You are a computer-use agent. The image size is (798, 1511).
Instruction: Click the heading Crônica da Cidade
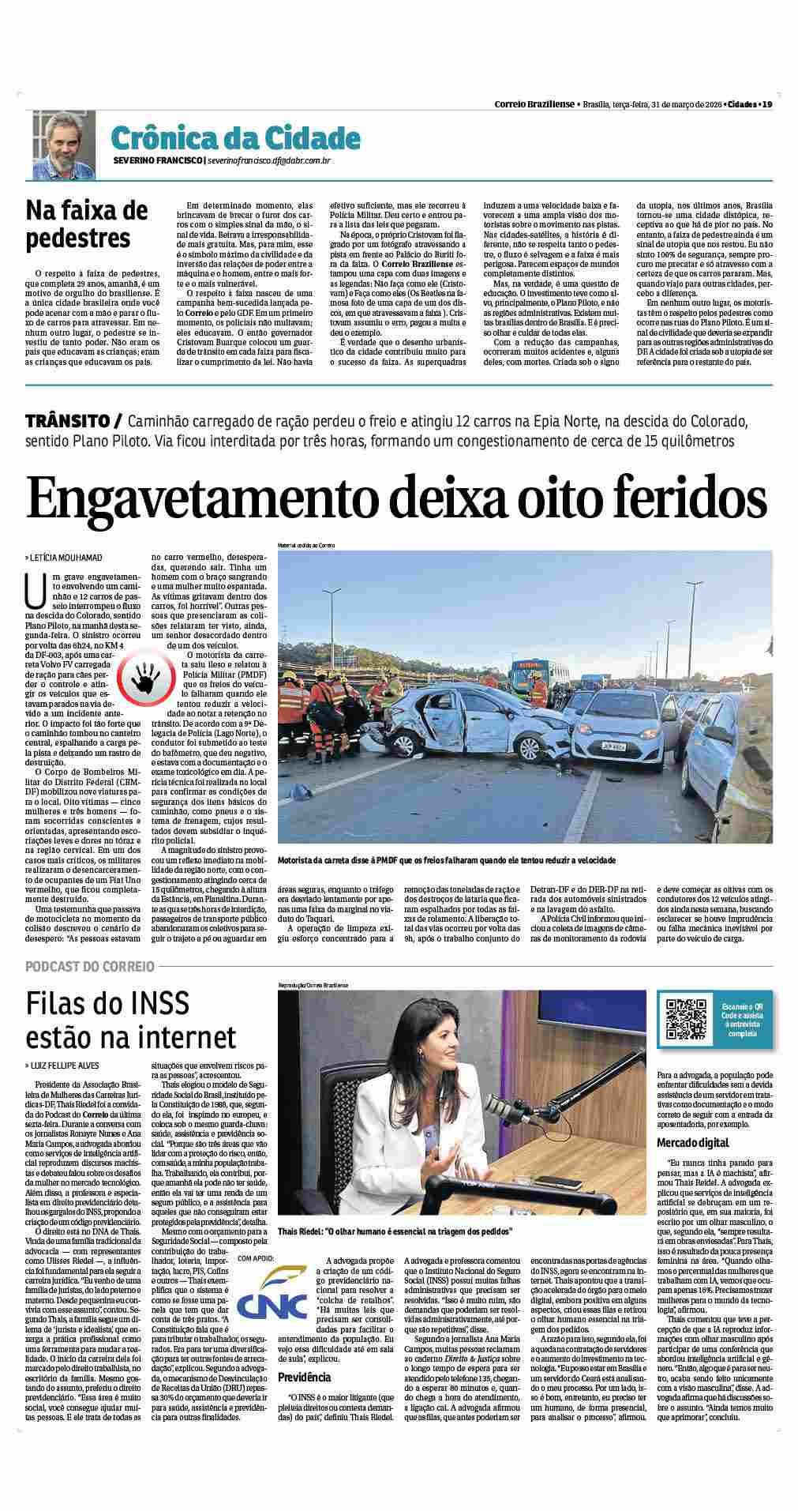coord(235,138)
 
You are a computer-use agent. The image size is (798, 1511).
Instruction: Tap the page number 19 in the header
coord(766,103)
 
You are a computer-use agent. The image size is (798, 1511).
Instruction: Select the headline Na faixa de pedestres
coord(87,224)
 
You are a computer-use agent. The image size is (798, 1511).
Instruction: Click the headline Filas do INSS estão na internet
coord(130,1019)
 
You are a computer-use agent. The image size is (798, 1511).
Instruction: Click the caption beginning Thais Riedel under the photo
coord(395,1254)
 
